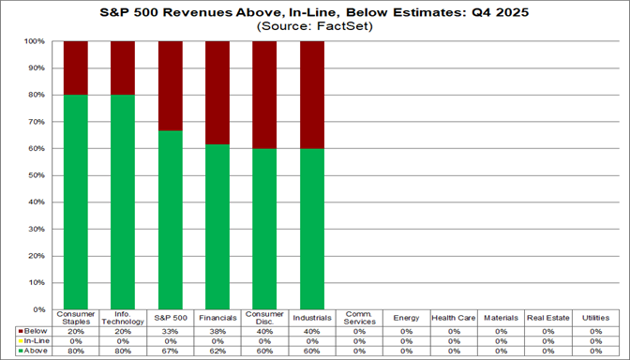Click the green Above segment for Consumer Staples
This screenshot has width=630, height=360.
click(76, 202)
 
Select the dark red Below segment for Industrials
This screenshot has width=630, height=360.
click(311, 95)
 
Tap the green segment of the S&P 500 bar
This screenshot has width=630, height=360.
click(170, 219)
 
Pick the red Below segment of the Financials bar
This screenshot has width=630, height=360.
click(217, 92)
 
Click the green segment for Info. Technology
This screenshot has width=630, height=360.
click(123, 202)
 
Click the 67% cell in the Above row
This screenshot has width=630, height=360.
click(170, 352)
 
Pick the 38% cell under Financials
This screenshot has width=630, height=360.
click(217, 331)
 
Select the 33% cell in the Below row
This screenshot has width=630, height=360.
click(170, 331)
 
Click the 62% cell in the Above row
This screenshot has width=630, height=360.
click(217, 352)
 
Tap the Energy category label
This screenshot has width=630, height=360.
click(406, 318)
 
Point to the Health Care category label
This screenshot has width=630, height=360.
click(453, 318)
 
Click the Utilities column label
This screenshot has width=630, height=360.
click(594, 318)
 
